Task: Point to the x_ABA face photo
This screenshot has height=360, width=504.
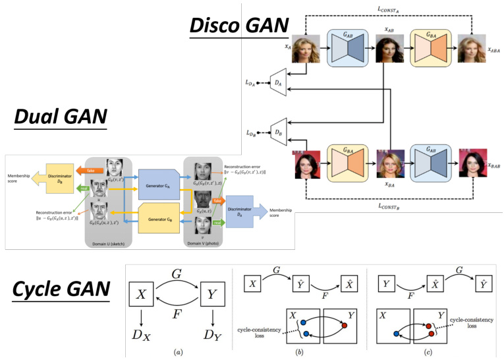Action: (x=472, y=48)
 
